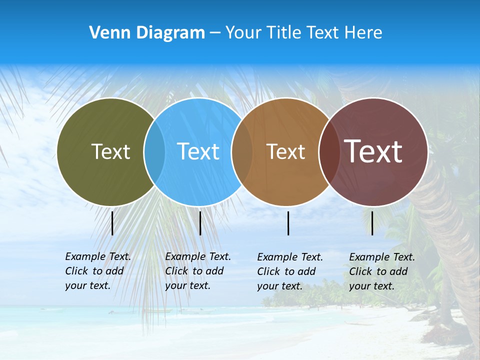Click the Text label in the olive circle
pos(110,151)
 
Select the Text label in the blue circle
pos(198,151)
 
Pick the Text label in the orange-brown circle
pos(285,151)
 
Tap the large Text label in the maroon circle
pos(373,151)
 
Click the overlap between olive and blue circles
pos(154,151)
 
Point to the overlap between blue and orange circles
pos(242,151)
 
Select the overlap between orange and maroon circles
pos(329,151)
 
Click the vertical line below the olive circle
pos(112,223)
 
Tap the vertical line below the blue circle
pos(200,223)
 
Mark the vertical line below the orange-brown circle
pos(288,223)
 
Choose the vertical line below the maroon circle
pos(372,223)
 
